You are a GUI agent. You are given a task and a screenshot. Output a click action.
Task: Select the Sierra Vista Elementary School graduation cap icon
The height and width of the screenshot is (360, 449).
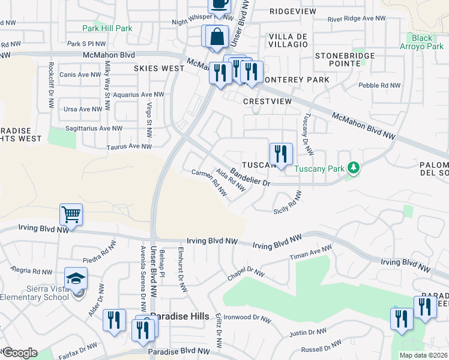tap(76, 279)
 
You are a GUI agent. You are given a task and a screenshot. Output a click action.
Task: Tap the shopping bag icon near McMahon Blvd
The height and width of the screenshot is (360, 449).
tap(216, 37)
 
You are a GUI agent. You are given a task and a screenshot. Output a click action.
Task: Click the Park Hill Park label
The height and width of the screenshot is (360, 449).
tap(107, 28)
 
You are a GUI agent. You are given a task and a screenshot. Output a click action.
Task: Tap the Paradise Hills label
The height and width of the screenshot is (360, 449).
tap(179, 316)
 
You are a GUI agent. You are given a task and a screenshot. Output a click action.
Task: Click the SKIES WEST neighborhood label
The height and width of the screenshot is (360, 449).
tap(159, 68)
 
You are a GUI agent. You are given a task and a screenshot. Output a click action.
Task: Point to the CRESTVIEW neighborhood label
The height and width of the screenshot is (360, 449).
tap(267, 101)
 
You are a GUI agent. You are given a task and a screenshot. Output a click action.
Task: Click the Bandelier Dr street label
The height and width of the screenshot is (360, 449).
tap(251, 176)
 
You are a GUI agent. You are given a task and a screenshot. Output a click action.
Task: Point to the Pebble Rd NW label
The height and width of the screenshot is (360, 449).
tap(379, 86)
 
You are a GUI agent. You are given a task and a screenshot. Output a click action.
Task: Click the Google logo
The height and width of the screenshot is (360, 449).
tap(19, 353)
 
